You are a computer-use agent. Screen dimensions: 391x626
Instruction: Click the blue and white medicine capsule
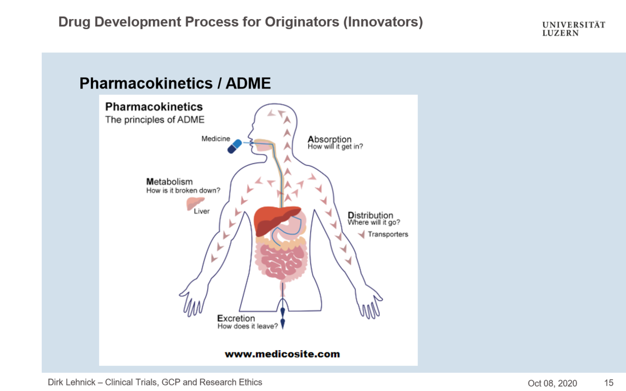click(234, 146)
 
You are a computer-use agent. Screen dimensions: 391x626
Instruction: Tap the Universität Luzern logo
click(573, 29)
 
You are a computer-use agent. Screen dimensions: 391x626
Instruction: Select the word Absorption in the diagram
click(329, 139)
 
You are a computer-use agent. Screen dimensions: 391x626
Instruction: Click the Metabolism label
click(169, 181)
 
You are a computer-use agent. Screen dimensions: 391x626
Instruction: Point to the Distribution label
click(370, 216)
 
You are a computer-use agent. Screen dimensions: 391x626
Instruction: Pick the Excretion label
click(236, 318)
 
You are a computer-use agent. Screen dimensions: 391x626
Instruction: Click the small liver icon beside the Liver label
click(195, 203)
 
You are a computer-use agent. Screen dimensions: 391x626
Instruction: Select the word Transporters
click(388, 234)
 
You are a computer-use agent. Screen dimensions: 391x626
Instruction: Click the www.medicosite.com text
click(282, 354)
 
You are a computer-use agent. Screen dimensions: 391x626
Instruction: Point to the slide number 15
click(609, 383)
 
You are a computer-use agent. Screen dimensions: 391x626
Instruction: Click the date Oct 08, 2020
click(552, 383)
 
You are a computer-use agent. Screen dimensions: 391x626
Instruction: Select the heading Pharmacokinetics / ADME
click(175, 83)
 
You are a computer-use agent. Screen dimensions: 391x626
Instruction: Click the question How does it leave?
click(247, 326)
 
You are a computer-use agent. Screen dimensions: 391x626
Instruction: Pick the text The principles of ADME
click(155, 120)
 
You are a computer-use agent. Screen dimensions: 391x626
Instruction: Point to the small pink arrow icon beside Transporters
click(361, 234)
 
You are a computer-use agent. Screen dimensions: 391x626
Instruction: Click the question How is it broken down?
click(183, 190)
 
